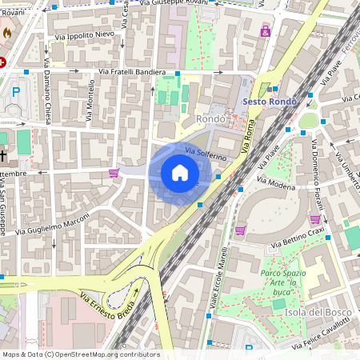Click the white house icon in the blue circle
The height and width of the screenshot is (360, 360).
(x=179, y=173)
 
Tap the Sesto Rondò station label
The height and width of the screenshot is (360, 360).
(x=267, y=102)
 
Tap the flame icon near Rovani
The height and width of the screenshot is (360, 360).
(x=7, y=33)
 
